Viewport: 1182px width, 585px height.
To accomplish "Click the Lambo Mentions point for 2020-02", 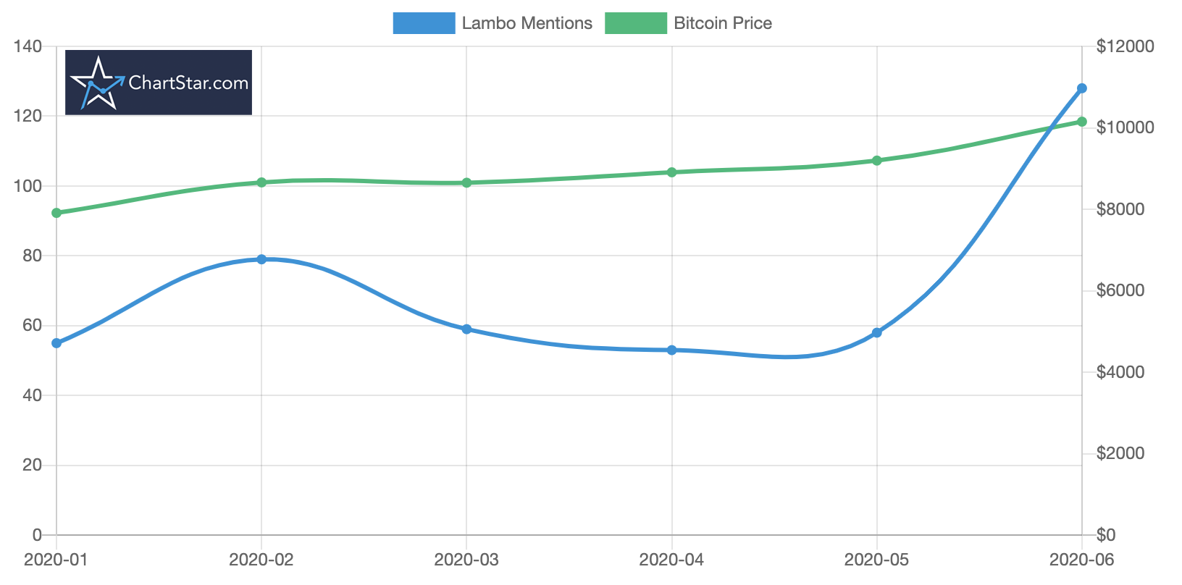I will (261, 259).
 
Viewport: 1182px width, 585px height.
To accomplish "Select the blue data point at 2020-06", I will (1082, 88).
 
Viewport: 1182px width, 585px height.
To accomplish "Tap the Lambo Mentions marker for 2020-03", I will (466, 329).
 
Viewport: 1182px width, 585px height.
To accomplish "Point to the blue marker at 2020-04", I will (672, 350).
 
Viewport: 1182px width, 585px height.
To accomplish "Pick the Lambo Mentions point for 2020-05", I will (877, 332).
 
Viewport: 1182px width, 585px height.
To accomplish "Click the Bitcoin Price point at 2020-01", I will (56, 213).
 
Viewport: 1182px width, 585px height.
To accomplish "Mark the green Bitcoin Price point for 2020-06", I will (1082, 122).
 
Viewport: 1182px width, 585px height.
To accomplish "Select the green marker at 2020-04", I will (672, 172).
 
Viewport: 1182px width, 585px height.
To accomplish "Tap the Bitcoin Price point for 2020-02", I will (261, 182).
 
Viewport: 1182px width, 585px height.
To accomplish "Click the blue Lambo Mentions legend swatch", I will (424, 23).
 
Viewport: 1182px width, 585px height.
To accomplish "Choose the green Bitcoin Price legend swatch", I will (635, 23).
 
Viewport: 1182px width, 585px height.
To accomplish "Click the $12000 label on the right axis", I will (1124, 46).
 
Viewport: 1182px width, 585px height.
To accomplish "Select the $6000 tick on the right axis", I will (1120, 290).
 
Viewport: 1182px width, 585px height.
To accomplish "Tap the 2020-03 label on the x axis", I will (466, 559).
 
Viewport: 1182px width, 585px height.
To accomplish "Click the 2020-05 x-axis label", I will (877, 559).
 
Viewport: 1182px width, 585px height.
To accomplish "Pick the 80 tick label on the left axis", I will (33, 256).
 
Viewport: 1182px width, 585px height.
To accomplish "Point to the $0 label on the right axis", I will (1106, 535).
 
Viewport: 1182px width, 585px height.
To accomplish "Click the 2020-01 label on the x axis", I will (56, 559).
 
